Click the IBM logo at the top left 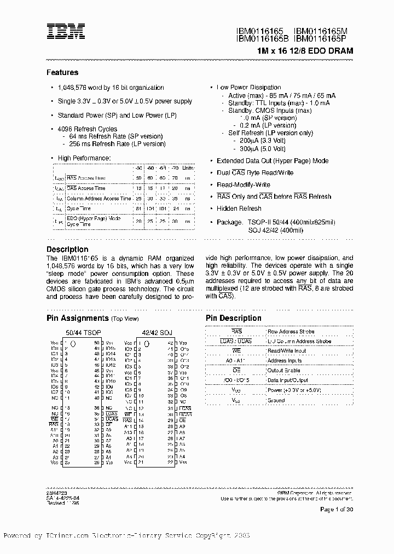coord(65,31)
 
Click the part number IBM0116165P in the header coord(323,39)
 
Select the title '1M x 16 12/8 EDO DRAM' coord(305,51)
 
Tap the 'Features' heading coord(62,72)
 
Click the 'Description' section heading coord(67,249)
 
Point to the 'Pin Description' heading coord(233,318)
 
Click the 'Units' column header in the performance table coord(188,168)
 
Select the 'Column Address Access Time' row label coord(93,198)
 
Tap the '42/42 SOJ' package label coord(157,332)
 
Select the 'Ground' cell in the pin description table coord(276,400)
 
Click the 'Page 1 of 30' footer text coord(336,510)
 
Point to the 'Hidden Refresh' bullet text coord(239,209)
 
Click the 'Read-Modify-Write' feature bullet coord(244,184)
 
